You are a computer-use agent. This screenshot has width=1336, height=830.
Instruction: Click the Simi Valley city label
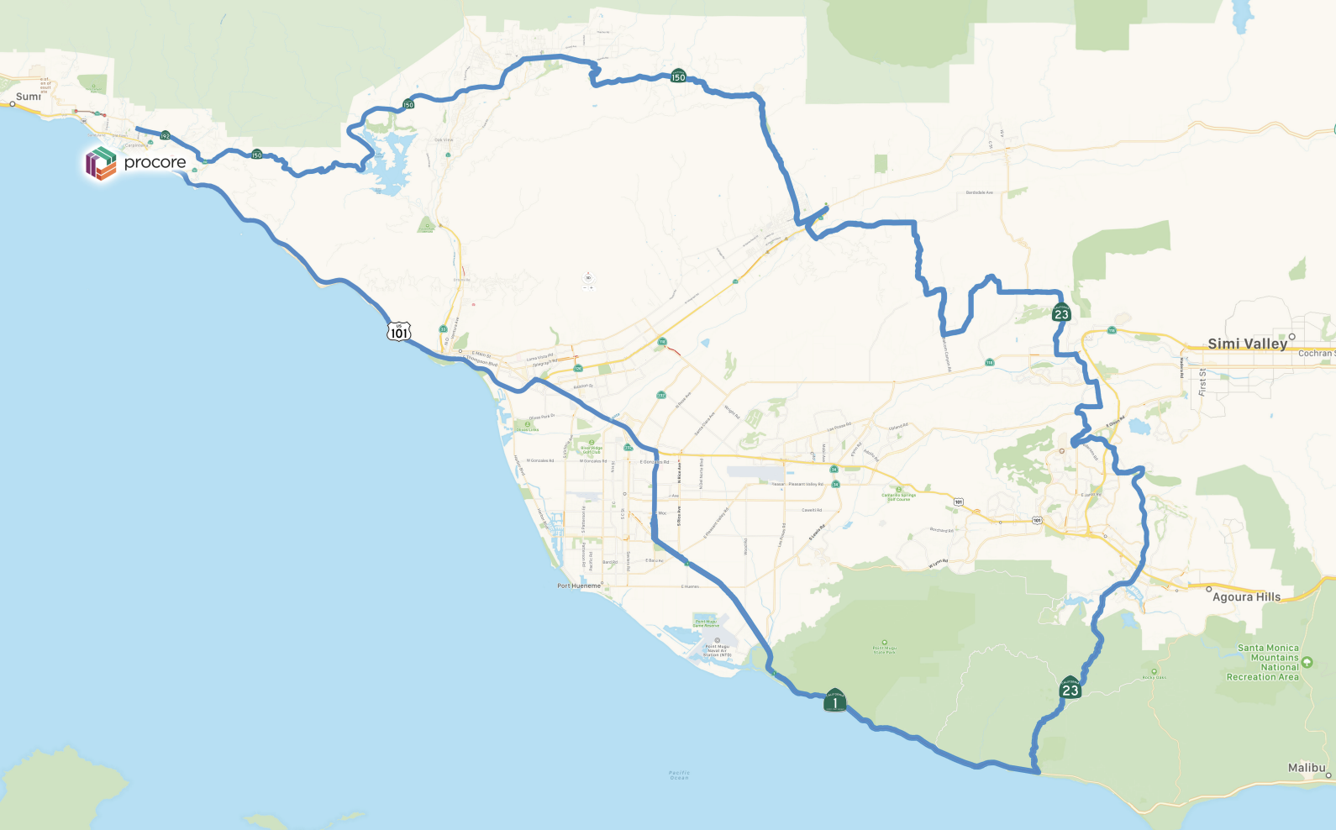[x=1247, y=344]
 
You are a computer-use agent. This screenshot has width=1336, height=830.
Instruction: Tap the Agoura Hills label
[x=1246, y=597]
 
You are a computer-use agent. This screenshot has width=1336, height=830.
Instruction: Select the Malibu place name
[x=1307, y=768]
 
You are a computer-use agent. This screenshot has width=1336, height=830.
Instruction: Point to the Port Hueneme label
[x=579, y=586]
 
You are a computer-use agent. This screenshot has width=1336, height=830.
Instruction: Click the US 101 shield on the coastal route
[x=399, y=332]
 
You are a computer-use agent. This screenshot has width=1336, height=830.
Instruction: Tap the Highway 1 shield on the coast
[x=834, y=701]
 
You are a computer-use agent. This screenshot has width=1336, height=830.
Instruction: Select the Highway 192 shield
[x=166, y=135]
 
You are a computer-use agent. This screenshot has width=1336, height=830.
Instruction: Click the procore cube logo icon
[x=101, y=163]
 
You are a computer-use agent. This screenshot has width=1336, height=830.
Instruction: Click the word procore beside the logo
[x=155, y=162]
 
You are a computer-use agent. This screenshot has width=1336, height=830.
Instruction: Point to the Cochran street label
[x=1316, y=354]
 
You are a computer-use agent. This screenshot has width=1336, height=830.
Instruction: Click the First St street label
[x=1203, y=381]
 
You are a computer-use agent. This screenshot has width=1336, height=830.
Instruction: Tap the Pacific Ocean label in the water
[x=680, y=775]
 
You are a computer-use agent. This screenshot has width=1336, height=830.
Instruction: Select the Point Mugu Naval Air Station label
[x=717, y=651]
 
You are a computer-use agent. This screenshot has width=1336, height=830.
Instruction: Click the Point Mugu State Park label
[x=884, y=649]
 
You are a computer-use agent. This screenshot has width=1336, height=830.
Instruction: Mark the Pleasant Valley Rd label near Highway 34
[x=805, y=484]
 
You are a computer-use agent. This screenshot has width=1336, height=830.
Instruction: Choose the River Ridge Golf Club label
[x=591, y=449]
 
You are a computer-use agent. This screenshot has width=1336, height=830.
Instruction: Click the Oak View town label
[x=444, y=139]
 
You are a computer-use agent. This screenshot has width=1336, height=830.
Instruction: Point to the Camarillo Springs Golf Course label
[x=898, y=496]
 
